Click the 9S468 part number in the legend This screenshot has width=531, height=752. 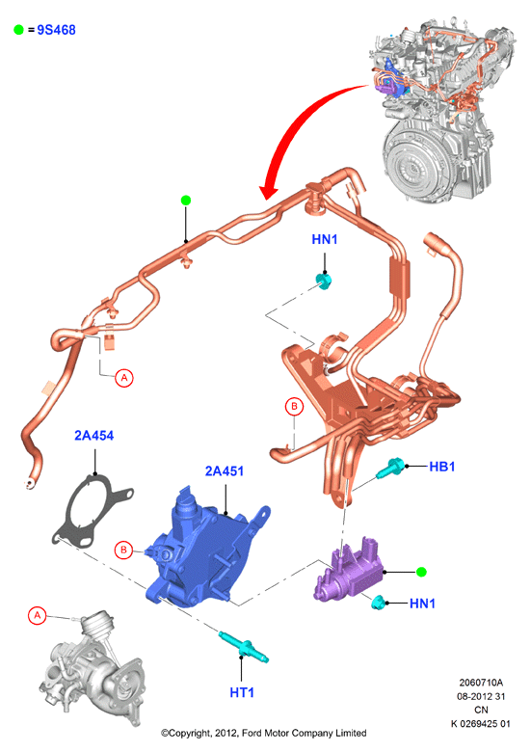point(56,30)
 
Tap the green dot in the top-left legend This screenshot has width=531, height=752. point(18,30)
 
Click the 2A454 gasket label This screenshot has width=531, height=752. point(93,436)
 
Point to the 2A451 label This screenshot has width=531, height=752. point(225,470)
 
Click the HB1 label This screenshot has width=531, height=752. point(442,467)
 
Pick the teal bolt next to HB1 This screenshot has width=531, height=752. point(390,469)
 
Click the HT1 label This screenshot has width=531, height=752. point(242,692)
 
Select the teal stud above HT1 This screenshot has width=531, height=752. point(244,648)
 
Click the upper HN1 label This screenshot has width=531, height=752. point(325,239)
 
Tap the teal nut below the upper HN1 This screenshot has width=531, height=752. point(324,281)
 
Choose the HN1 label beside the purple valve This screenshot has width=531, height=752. point(422,603)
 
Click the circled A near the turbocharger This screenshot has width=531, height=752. point(38,615)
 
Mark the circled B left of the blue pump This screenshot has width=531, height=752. point(123,550)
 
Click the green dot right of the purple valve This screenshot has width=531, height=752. point(421,572)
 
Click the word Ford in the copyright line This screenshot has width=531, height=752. point(252,733)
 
